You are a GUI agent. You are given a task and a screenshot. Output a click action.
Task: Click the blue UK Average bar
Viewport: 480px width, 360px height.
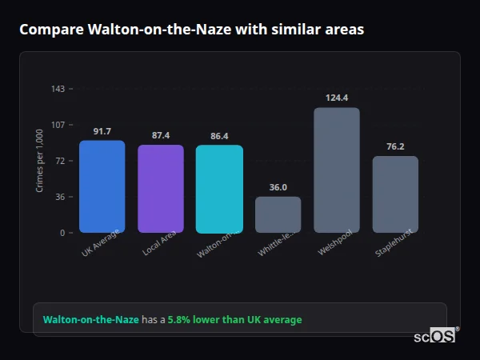tap(102, 186)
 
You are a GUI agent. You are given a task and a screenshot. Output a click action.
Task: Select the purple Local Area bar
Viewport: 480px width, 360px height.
tap(160, 189)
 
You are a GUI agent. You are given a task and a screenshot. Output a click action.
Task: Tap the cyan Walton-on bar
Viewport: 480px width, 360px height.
tap(219, 189)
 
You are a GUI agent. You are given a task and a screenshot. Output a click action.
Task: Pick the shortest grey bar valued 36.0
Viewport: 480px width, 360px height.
tap(278, 214)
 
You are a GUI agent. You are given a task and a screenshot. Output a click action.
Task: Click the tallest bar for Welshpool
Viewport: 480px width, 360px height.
tap(337, 170)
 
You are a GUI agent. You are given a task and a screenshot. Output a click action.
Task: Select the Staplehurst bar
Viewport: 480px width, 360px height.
tap(395, 194)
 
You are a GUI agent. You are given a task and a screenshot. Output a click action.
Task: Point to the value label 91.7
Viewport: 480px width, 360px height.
tap(102, 131)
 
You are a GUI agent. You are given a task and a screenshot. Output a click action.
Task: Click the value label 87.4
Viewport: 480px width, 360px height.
tap(160, 135)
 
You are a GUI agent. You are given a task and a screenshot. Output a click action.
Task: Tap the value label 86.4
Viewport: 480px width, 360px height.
tap(219, 136)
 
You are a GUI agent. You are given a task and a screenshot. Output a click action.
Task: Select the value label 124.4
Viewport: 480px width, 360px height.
tap(337, 98)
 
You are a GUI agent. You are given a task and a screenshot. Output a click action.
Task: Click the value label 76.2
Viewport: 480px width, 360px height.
tap(395, 146)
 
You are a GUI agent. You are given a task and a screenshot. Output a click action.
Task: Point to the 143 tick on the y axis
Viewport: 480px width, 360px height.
tap(58, 89)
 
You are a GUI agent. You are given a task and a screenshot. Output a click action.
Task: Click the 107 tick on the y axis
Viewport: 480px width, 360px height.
tap(58, 125)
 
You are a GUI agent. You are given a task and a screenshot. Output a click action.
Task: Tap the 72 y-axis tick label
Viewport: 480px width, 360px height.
tap(59, 161)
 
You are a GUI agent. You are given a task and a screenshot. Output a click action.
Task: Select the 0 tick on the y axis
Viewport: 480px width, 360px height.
tap(62, 233)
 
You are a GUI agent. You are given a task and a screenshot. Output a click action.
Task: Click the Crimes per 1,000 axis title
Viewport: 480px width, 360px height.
tap(39, 161)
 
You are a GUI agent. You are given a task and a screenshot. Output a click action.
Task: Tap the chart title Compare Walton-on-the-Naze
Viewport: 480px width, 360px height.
tap(191, 30)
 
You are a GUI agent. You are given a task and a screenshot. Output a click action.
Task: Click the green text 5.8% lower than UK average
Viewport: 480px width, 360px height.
tap(234, 320)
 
